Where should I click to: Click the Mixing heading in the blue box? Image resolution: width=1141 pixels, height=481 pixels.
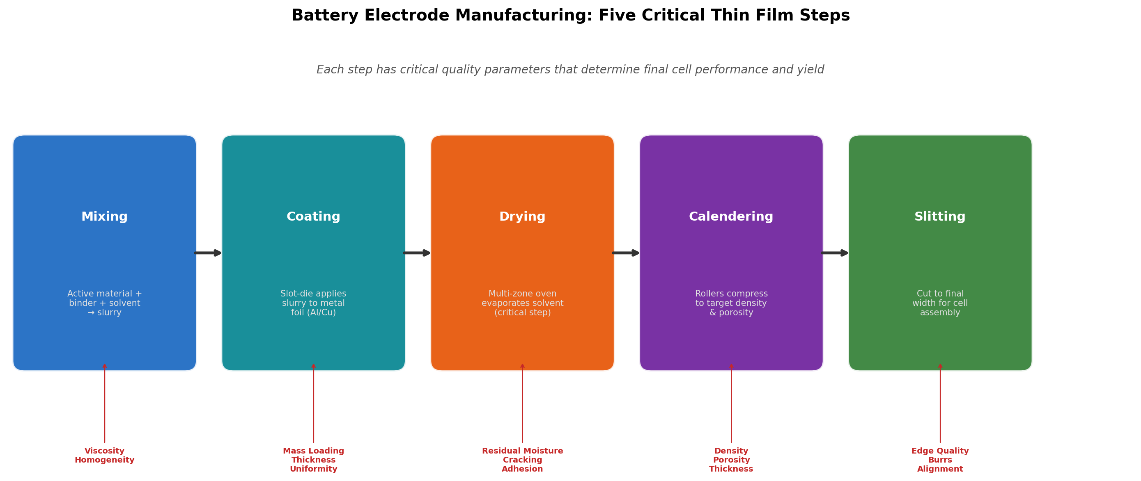pyautogui.click(x=105, y=217)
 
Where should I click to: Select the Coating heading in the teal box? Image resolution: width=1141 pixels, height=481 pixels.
pyautogui.click(x=313, y=217)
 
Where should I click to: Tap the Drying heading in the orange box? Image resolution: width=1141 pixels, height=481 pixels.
pyautogui.click(x=522, y=217)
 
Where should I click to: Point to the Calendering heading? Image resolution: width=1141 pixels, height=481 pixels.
pyautogui.click(x=731, y=217)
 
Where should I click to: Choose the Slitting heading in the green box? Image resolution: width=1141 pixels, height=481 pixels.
pyautogui.click(x=940, y=217)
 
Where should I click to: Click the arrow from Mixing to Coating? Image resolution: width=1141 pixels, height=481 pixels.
pyautogui.click(x=208, y=253)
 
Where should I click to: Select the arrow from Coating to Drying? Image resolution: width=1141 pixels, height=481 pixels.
pyautogui.click(x=417, y=253)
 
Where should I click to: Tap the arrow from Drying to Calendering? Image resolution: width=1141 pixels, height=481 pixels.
pyautogui.click(x=626, y=253)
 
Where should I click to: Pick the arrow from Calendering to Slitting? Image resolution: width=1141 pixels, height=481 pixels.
pyautogui.click(x=834, y=253)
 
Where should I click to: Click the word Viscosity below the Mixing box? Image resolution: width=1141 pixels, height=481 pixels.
pyautogui.click(x=105, y=451)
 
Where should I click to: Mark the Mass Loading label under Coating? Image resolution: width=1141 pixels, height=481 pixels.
pyautogui.click(x=313, y=451)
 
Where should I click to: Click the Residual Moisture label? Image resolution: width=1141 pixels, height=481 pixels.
pyautogui.click(x=522, y=451)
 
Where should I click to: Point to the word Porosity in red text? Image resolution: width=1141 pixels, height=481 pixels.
pyautogui.click(x=731, y=460)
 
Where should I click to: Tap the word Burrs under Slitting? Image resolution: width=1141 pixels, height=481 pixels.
pyautogui.click(x=940, y=460)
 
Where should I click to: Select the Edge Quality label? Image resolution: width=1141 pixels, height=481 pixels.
pyautogui.click(x=940, y=451)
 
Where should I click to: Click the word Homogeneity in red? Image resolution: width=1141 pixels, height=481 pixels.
pyautogui.click(x=105, y=460)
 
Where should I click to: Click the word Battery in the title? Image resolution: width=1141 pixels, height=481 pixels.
pyautogui.click(x=325, y=16)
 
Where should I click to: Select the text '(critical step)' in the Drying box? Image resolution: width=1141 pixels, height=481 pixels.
pyautogui.click(x=522, y=313)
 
